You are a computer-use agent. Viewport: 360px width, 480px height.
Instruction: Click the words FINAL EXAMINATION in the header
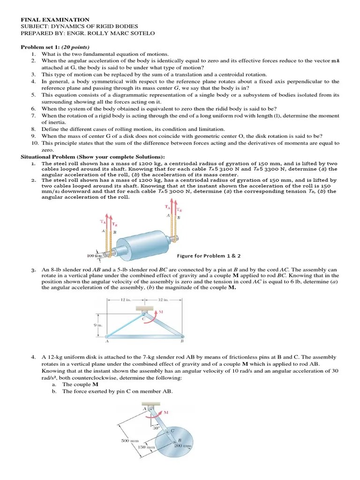(48, 20)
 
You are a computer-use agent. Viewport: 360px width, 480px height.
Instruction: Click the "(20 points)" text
(75, 47)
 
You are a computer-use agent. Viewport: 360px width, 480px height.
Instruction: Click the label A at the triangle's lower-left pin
(107, 342)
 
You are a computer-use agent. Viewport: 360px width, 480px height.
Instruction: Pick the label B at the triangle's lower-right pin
(182, 342)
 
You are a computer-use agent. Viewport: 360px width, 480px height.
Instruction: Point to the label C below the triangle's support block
(143, 319)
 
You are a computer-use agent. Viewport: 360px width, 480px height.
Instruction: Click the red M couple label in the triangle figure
(161, 312)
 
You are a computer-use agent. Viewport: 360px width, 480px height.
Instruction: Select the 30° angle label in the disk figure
(156, 427)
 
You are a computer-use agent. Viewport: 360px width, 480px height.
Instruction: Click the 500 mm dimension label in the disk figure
(129, 441)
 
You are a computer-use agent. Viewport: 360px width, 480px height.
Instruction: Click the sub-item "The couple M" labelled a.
(80, 384)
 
